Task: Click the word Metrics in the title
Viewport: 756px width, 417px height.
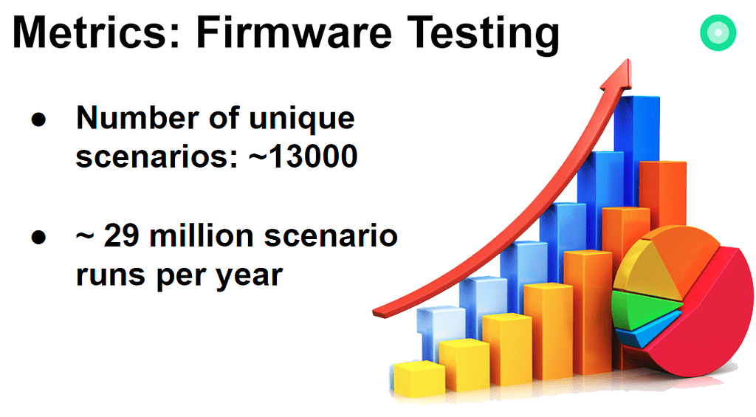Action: click(x=96, y=32)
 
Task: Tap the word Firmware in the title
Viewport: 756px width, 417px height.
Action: click(x=294, y=32)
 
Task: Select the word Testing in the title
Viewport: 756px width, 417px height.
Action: click(x=483, y=35)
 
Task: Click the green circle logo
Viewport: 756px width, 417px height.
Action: click(x=718, y=32)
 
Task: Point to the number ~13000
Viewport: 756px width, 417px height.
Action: click(x=303, y=156)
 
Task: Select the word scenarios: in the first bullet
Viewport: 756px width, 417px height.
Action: click(x=157, y=156)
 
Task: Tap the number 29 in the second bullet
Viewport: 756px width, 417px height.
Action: click(x=122, y=235)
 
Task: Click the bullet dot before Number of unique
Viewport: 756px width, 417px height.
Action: click(x=38, y=120)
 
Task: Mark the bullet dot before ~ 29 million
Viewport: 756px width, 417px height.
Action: click(x=38, y=237)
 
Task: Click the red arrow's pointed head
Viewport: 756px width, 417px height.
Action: click(x=619, y=75)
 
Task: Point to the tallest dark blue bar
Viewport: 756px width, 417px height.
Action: click(x=637, y=149)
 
